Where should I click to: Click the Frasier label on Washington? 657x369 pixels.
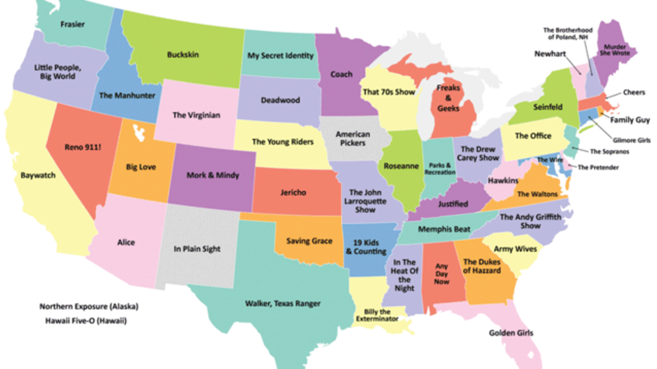pos(73,24)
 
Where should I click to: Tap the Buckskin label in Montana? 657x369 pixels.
pos(183,55)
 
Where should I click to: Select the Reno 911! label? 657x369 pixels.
pos(83,147)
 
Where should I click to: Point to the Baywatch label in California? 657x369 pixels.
pos(38,175)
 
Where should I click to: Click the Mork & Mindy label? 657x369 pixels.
pos(212,175)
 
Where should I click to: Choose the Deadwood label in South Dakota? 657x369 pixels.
pos(280,100)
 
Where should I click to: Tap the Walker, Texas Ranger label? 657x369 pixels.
pos(283,303)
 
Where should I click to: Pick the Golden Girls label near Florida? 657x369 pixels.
pos(511,333)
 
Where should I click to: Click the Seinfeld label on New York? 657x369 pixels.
pos(547,107)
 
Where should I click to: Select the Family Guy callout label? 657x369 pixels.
pos(630,120)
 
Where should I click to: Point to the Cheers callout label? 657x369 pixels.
pos(634,93)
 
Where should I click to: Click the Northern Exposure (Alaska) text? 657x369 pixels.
pos(89,306)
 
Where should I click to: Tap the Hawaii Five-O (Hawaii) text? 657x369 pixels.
pos(86,321)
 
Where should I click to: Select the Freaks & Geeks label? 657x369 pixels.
pos(448,98)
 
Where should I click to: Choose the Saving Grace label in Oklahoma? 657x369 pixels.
pos(309,241)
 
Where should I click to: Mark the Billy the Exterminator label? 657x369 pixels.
pos(377,315)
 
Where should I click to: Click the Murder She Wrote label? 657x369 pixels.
pos(614,50)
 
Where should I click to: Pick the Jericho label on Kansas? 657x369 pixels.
pos(293,192)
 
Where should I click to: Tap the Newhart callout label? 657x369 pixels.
pos(550,54)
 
